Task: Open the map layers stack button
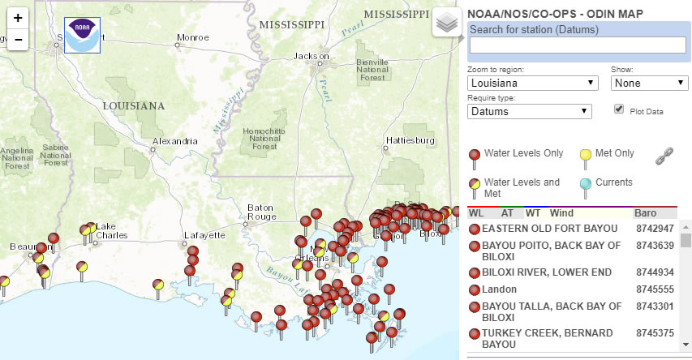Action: (445, 22)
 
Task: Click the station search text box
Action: (578, 45)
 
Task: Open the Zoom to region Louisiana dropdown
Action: (532, 83)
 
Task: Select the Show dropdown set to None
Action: (649, 83)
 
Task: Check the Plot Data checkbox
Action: (619, 109)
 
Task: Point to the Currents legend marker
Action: (585, 186)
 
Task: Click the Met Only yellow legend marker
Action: (584, 155)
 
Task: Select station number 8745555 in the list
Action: (655, 289)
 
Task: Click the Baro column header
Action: (645, 213)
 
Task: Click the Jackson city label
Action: (312, 55)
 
